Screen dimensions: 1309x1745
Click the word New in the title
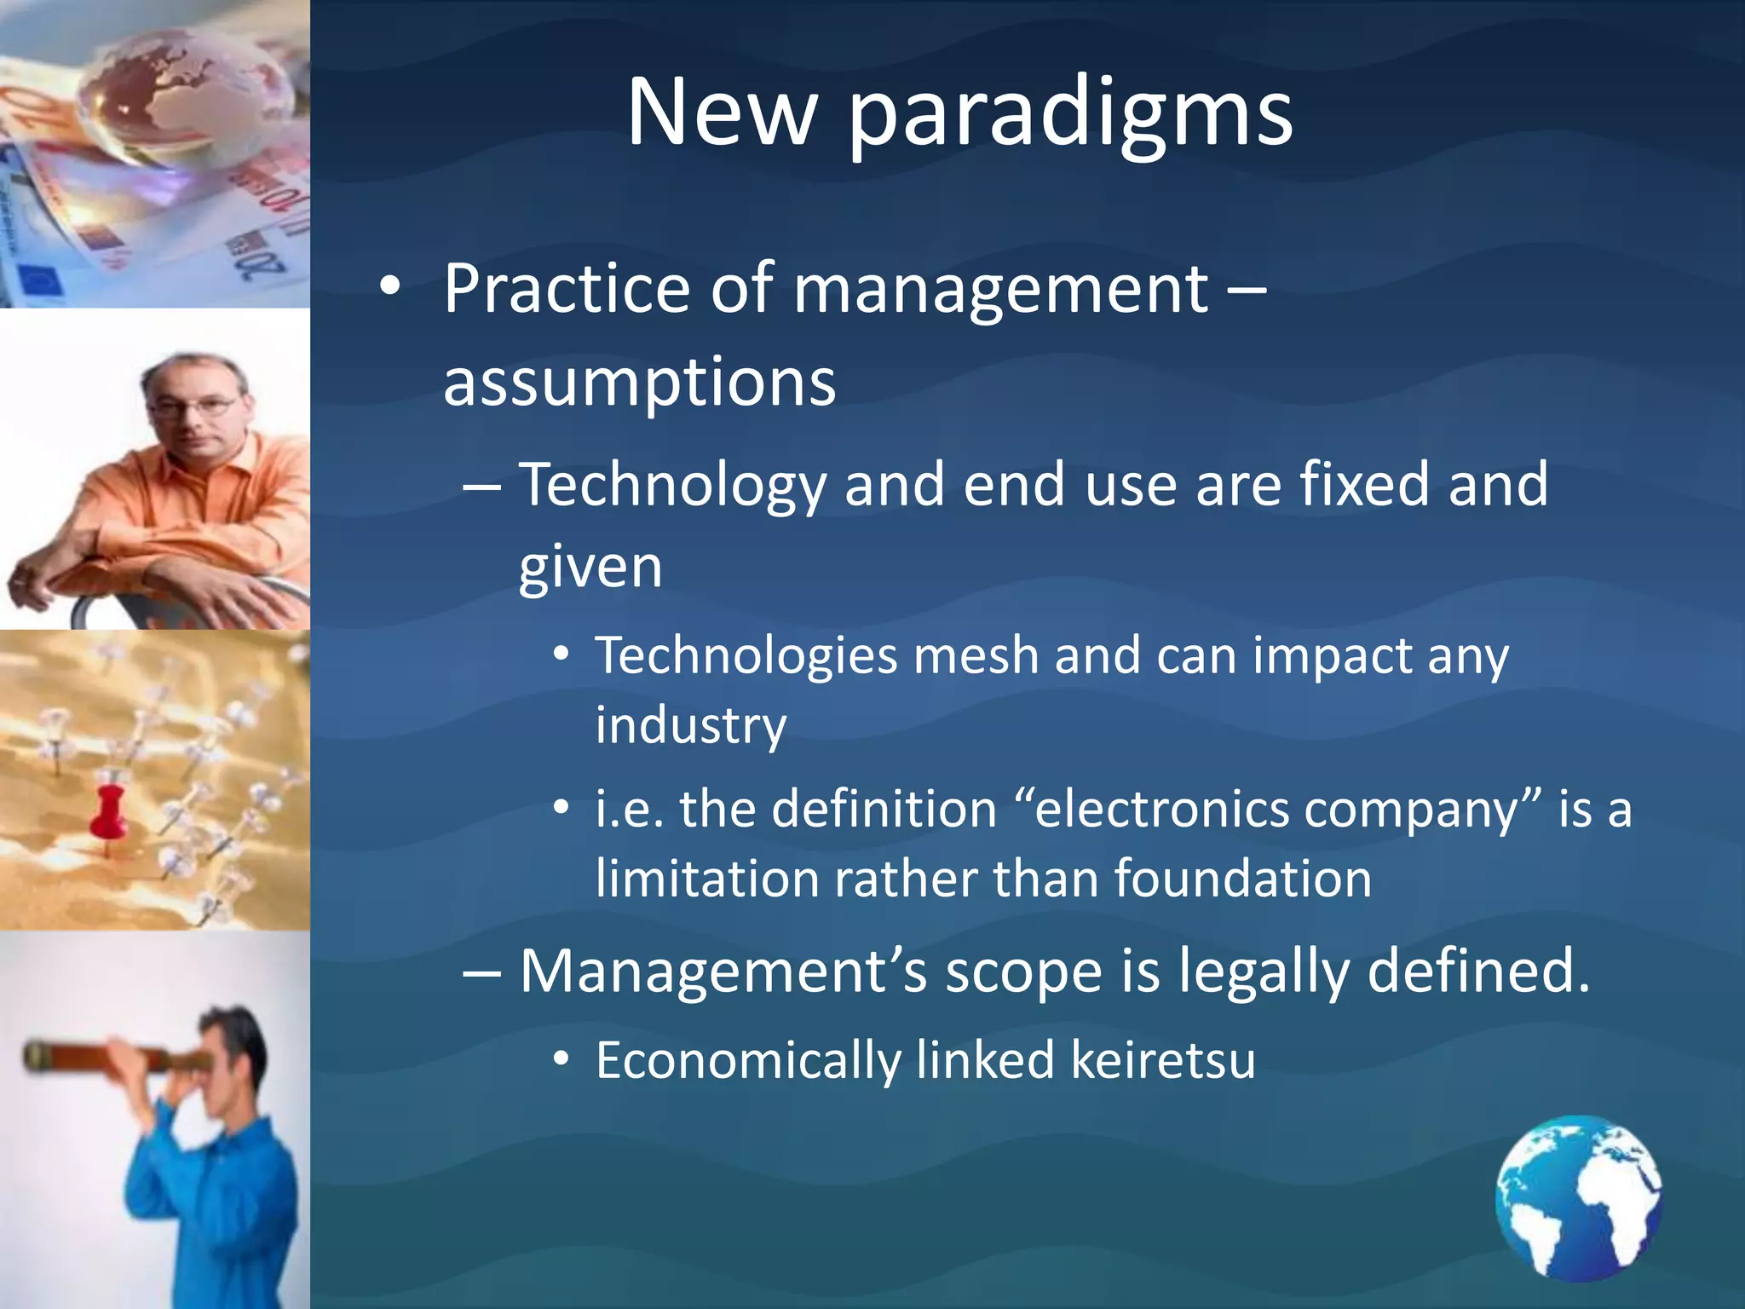[x=722, y=113]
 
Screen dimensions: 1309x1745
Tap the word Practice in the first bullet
[x=566, y=290]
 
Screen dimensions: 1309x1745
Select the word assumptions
[x=639, y=382]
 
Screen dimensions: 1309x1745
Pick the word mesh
[x=976, y=656]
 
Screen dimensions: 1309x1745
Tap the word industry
[x=690, y=726]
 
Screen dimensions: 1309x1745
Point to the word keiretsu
[x=1162, y=1060]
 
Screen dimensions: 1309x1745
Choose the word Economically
[x=747, y=1062]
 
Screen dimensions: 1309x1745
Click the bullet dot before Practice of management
[x=389, y=288]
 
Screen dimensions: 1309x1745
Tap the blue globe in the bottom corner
[x=1578, y=1198]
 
